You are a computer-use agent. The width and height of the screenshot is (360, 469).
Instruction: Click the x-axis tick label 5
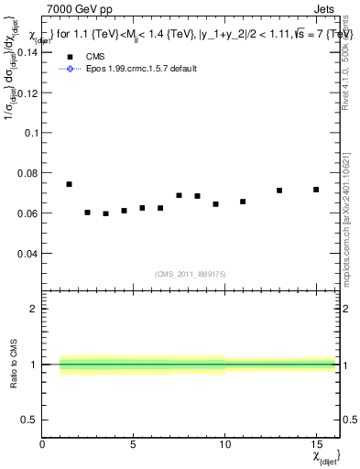(x=134, y=445)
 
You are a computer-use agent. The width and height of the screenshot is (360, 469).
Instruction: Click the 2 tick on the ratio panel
(x=34, y=309)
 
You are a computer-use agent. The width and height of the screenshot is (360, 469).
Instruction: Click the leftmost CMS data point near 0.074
(x=69, y=184)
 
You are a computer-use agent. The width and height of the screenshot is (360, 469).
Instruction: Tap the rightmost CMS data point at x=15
(x=316, y=190)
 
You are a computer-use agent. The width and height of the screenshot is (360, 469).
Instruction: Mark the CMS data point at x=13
(x=279, y=191)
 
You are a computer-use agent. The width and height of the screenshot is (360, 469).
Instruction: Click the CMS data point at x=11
(x=243, y=202)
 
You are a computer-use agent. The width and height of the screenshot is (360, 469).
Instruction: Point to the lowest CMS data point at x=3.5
(x=105, y=213)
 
